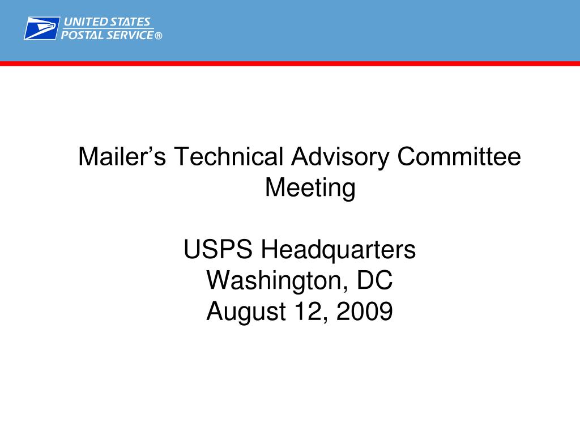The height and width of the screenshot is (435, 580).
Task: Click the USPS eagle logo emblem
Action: (x=42, y=28)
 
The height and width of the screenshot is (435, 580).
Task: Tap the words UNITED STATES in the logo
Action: (x=107, y=22)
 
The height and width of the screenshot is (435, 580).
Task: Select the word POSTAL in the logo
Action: (x=81, y=35)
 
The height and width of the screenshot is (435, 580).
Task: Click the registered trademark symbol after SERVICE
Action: (x=158, y=36)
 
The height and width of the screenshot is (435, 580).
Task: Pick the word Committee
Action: (x=459, y=156)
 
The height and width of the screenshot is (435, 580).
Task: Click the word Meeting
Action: (x=310, y=187)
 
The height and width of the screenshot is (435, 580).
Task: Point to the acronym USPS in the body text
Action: (x=218, y=250)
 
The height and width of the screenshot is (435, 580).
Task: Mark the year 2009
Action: (x=364, y=311)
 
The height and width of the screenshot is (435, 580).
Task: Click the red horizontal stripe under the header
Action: (x=290, y=63)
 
